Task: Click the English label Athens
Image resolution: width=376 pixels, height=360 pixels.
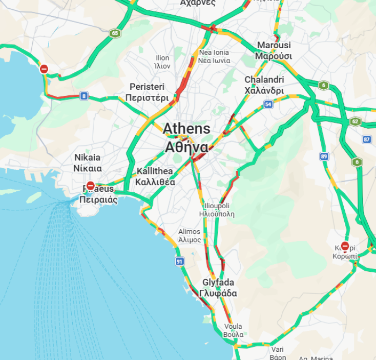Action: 186,129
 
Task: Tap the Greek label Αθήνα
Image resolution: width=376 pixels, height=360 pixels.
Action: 186,148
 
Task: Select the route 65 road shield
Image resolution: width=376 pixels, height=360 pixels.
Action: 114,33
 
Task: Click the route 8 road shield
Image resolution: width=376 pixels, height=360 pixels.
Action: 83,95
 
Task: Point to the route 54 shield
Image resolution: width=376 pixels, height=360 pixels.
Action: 268,104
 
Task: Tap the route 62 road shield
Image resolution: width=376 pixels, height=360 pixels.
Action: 356,122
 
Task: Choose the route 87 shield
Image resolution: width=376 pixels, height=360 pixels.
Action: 366,139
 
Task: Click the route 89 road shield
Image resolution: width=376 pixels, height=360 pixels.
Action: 324,156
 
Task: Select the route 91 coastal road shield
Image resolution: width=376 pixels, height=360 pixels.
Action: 179,262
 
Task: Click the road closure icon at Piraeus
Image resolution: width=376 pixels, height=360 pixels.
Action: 91,186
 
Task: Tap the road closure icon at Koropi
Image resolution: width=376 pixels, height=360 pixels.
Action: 345,247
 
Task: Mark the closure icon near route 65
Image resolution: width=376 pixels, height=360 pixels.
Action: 44,69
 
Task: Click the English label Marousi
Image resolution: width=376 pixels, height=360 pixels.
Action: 274,45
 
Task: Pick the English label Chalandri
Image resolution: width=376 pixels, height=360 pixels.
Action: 264,79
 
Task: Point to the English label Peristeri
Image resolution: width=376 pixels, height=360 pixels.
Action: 147,87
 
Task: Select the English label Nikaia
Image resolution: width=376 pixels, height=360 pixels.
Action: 88,157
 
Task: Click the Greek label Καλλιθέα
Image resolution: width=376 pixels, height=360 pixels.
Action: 155,182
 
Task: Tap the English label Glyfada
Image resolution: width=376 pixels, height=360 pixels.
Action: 218,283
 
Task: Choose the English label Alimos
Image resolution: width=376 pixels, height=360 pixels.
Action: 190,232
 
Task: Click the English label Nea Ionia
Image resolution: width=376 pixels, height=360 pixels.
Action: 214,52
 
